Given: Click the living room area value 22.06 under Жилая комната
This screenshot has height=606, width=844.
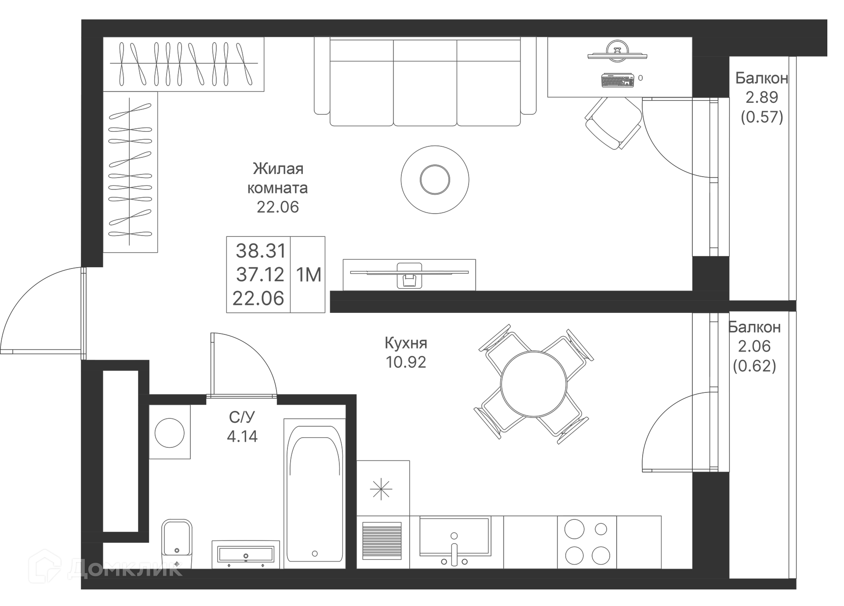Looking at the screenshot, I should pos(277,207).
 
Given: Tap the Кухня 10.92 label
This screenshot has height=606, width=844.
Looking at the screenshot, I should pos(406,352).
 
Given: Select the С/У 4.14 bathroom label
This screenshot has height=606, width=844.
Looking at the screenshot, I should pos(242,427).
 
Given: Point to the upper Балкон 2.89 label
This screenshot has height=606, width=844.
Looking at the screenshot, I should pos(761,97).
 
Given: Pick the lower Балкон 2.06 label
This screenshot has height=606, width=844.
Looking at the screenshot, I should pos(754,346).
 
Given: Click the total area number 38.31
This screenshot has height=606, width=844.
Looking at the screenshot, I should pos(261,251).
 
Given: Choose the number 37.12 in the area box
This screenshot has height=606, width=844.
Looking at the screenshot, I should pos(260,275).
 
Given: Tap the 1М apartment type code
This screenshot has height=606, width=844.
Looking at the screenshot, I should pos(309,275).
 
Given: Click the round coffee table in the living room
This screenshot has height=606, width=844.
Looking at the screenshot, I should pos(435,179).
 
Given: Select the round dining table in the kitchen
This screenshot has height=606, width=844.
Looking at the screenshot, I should pos(533,384).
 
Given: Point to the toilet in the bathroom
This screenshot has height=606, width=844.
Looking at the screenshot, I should pos(177,543).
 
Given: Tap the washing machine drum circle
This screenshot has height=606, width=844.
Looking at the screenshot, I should pos(169,433).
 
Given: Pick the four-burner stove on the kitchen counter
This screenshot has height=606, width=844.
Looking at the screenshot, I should pos(587,542).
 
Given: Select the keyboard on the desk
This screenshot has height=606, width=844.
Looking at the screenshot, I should pos(617,80).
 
